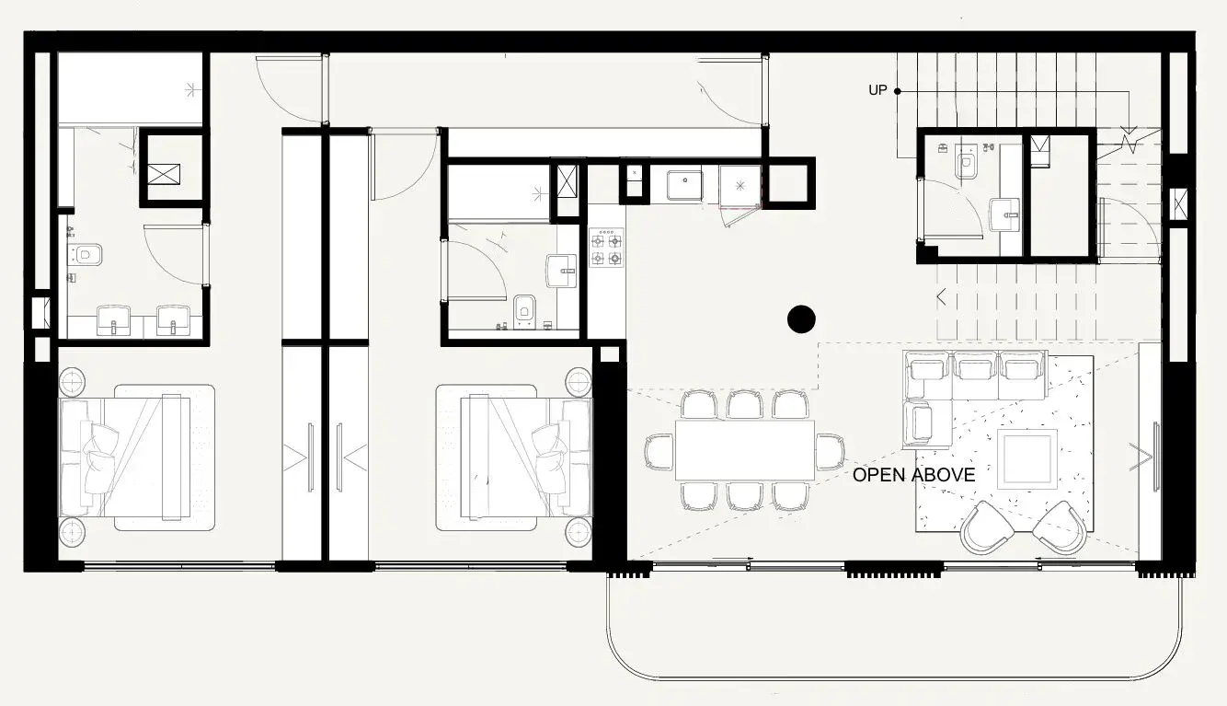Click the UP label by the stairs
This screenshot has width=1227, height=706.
coord(877,90)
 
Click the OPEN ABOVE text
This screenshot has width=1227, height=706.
coord(913,475)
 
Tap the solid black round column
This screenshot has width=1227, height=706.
coord(801,319)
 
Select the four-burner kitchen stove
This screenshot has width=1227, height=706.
coord(606,248)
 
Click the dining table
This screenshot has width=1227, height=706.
coord(745,450)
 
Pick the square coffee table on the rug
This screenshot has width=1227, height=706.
coord(1027,458)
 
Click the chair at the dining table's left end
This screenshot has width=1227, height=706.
coord(659,452)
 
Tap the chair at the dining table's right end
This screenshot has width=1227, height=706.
coord(830,452)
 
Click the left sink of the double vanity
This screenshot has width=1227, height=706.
coord(114,320)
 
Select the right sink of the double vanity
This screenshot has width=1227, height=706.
coord(174,320)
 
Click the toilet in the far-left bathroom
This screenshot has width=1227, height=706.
coord(86,255)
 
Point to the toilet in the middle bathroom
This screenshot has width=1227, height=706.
coord(525,312)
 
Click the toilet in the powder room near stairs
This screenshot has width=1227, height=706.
coord(966,162)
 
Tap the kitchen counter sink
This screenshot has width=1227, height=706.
coord(684,185)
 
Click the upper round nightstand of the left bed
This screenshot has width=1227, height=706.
coord(72,380)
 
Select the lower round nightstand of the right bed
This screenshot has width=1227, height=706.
coord(579,533)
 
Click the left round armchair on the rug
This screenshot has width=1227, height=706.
coord(987,527)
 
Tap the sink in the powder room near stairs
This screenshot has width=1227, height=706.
coord(1004,214)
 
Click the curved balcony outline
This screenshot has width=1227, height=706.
coord(894,678)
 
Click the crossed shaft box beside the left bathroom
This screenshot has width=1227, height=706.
coord(164,174)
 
